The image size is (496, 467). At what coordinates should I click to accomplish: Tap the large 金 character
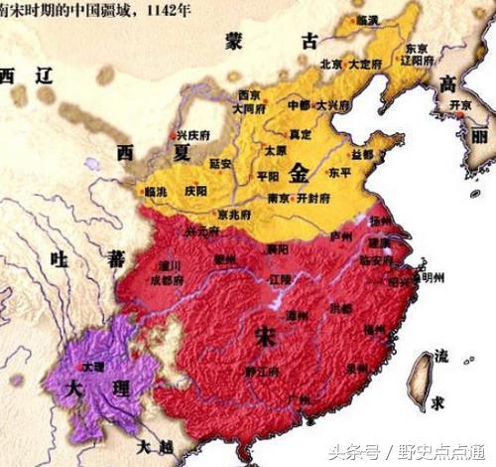(x=299, y=174)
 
